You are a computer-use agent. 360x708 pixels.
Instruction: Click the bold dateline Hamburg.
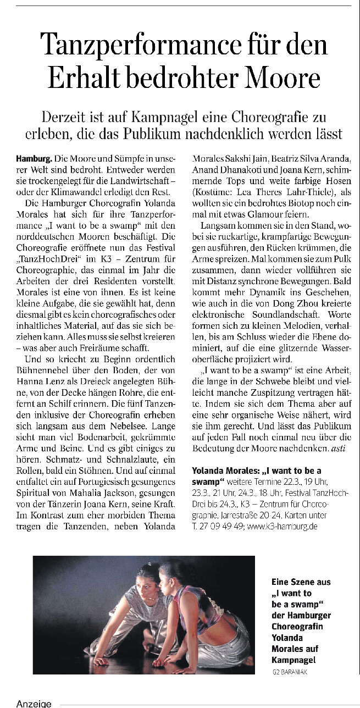coord(34,158)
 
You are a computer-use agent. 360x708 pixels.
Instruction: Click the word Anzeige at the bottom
coord(34,703)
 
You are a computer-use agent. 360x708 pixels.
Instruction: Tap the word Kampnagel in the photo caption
coord(294,660)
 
